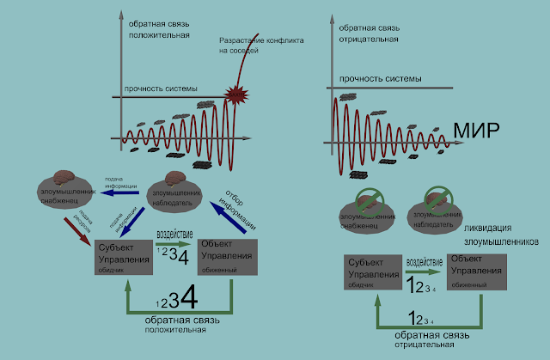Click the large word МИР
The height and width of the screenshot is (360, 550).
click(474, 131)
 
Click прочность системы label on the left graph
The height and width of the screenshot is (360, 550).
click(162, 89)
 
